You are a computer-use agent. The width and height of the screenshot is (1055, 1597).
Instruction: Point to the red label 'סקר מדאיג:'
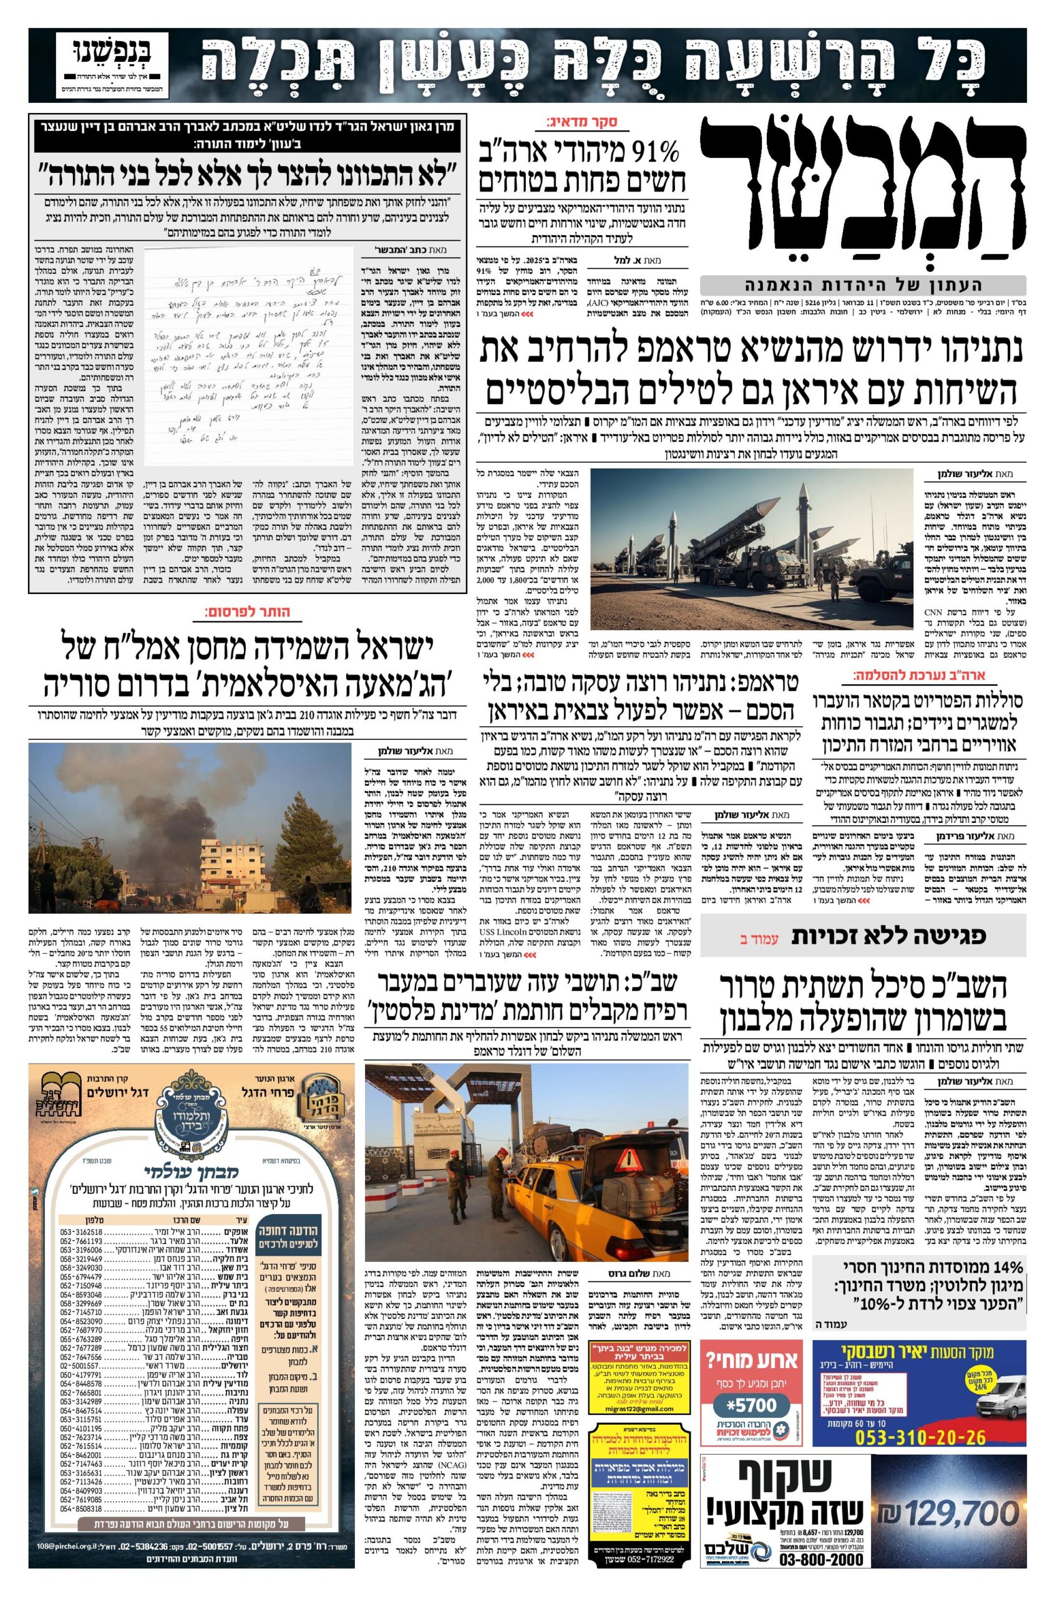(589, 122)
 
